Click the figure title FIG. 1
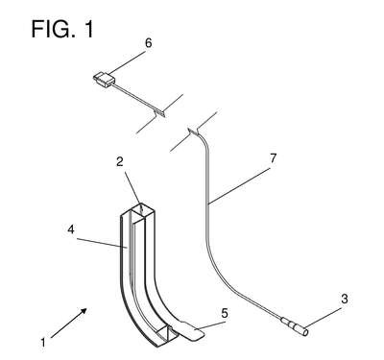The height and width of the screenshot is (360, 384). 62,29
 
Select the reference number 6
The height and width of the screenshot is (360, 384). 148,43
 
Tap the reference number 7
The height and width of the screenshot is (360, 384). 273,158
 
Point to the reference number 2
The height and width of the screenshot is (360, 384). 120,161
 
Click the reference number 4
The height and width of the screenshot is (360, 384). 71,229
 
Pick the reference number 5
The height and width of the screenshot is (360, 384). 225,313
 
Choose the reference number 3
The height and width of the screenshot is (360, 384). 345,300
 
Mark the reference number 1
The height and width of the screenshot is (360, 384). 43,343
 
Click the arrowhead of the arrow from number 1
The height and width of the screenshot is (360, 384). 84,311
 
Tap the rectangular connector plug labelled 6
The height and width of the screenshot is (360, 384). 104,79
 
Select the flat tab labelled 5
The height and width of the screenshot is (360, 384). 190,330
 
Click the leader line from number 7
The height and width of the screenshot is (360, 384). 239,186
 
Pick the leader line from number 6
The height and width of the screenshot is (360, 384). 127,61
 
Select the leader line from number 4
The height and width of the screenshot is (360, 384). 102,242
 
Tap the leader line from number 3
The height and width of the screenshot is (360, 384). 324,317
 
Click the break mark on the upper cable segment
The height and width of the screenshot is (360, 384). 159,113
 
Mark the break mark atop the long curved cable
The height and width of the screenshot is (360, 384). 194,131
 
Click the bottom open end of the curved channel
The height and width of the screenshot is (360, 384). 166,336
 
